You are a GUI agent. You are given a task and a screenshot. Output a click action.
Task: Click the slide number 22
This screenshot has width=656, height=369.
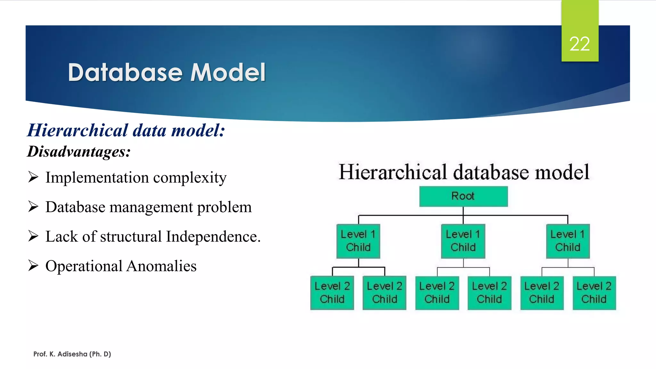click(x=579, y=44)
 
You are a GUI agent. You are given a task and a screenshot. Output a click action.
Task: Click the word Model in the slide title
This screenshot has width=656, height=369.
click(x=228, y=72)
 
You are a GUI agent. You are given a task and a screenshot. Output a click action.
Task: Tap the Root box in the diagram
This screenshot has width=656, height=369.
click(x=463, y=196)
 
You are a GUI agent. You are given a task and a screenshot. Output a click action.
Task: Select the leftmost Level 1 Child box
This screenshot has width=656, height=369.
click(x=358, y=241)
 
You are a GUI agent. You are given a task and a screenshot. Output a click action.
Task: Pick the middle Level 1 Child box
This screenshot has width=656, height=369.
click(x=463, y=241)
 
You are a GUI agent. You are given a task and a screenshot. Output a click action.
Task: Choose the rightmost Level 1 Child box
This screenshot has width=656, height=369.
click(x=568, y=241)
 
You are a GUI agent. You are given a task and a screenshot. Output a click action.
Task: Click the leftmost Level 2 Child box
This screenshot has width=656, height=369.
click(x=332, y=293)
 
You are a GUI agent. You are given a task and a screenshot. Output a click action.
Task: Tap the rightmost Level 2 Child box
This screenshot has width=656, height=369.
click(x=594, y=293)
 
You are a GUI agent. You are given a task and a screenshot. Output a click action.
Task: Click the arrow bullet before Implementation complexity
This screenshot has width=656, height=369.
click(x=33, y=177)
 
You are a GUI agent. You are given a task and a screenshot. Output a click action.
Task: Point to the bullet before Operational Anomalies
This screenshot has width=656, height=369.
click(x=33, y=266)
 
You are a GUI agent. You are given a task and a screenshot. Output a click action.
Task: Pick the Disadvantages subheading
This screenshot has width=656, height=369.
click(x=79, y=152)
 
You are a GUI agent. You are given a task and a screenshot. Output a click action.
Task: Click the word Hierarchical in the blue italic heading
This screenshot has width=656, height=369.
click(x=78, y=130)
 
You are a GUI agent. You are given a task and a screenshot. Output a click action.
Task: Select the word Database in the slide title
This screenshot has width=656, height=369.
click(x=125, y=72)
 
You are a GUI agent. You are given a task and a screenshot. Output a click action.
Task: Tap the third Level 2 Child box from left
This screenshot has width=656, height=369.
click(x=437, y=293)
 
